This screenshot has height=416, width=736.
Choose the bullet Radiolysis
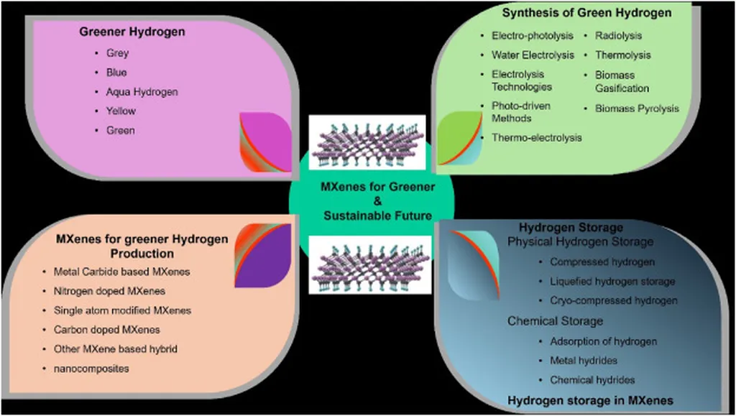tap(618, 35)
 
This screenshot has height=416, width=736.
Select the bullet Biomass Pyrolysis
tap(636, 108)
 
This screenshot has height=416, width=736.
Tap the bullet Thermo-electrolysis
tap(536, 137)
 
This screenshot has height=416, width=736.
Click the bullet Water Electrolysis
tap(533, 55)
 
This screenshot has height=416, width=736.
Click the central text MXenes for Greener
tap(377, 188)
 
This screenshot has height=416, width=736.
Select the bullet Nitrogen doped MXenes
tap(109, 291)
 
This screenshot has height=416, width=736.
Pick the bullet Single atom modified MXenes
tap(122, 310)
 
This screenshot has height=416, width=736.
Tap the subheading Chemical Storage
tap(555, 320)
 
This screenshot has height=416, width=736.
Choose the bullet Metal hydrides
tap(583, 360)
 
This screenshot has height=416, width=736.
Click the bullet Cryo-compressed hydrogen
tap(613, 300)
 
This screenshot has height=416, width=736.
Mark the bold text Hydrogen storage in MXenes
tap(590, 400)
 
